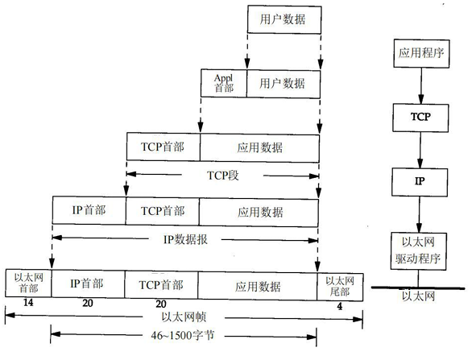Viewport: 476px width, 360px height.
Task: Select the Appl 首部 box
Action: pyautogui.click(x=223, y=82)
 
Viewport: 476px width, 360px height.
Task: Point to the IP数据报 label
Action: pyautogui.click(x=185, y=238)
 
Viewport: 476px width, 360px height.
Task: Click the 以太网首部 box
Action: pyautogui.click(x=28, y=283)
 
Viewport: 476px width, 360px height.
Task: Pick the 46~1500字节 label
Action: pyautogui.click(x=184, y=333)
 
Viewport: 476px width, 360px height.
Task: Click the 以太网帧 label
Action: pyautogui.click(x=186, y=317)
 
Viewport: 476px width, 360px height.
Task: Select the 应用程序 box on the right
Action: pyautogui.click(x=418, y=57)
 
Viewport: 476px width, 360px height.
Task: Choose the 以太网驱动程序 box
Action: pyautogui.click(x=418, y=249)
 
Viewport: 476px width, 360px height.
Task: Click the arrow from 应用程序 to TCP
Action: pyautogui.click(x=419, y=86)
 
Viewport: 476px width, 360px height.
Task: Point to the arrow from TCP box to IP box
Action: pyautogui.click(x=419, y=148)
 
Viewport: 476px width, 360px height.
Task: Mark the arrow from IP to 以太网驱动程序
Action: pyautogui.click(x=419, y=213)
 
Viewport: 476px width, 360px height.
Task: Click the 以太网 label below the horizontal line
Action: pyautogui.click(x=418, y=296)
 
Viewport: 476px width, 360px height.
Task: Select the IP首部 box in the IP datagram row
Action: pyautogui.click(x=89, y=211)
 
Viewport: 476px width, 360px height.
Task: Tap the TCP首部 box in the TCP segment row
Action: pyautogui.click(x=163, y=147)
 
